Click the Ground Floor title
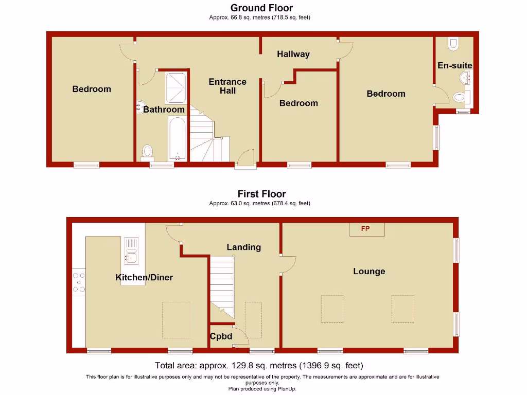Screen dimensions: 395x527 (x=261, y=8)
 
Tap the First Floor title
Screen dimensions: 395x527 (x=261, y=194)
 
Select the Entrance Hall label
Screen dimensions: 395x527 (x=227, y=86)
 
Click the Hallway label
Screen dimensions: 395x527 (x=293, y=54)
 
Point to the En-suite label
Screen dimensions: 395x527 (x=454, y=65)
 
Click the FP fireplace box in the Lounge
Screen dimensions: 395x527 (x=366, y=229)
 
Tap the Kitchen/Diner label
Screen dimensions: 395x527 (x=144, y=277)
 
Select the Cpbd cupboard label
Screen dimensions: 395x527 (x=221, y=337)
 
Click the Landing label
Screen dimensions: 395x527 (x=243, y=247)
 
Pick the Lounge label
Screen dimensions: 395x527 (x=369, y=271)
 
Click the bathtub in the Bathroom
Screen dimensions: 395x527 (x=177, y=138)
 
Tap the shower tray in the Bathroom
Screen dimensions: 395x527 (x=175, y=87)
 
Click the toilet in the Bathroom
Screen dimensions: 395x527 (x=147, y=151)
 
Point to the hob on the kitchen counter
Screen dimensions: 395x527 (x=79, y=283)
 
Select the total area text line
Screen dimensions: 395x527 (x=259, y=366)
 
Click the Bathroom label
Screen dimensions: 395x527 (x=164, y=110)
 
